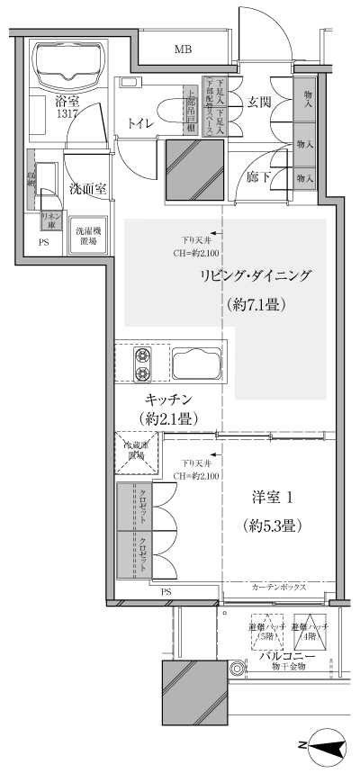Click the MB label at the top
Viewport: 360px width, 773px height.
pos(183,49)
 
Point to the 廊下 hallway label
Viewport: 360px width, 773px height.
pos(259,177)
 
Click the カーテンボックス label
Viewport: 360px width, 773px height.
pos(278,587)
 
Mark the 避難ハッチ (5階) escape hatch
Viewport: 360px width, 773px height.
pos(266,631)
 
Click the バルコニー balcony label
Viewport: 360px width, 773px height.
pos(287,658)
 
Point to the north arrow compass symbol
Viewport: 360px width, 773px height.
pos(324,746)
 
